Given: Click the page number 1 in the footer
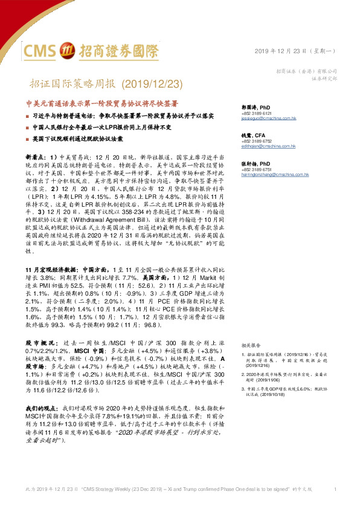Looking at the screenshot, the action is click(335, 488).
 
